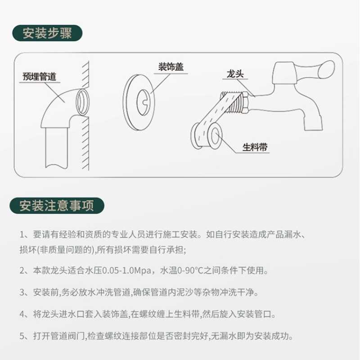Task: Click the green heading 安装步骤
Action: point(47,33)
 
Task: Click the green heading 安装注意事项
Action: point(57,206)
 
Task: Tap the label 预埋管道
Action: point(39,76)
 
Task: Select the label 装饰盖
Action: point(171,67)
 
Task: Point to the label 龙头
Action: point(235,74)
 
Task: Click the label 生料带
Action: point(255,147)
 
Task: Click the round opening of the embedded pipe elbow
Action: point(82,102)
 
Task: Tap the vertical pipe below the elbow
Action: point(57,147)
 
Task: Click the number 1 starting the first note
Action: point(22,234)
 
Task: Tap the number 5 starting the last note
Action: point(22,336)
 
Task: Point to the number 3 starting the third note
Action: point(22,292)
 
